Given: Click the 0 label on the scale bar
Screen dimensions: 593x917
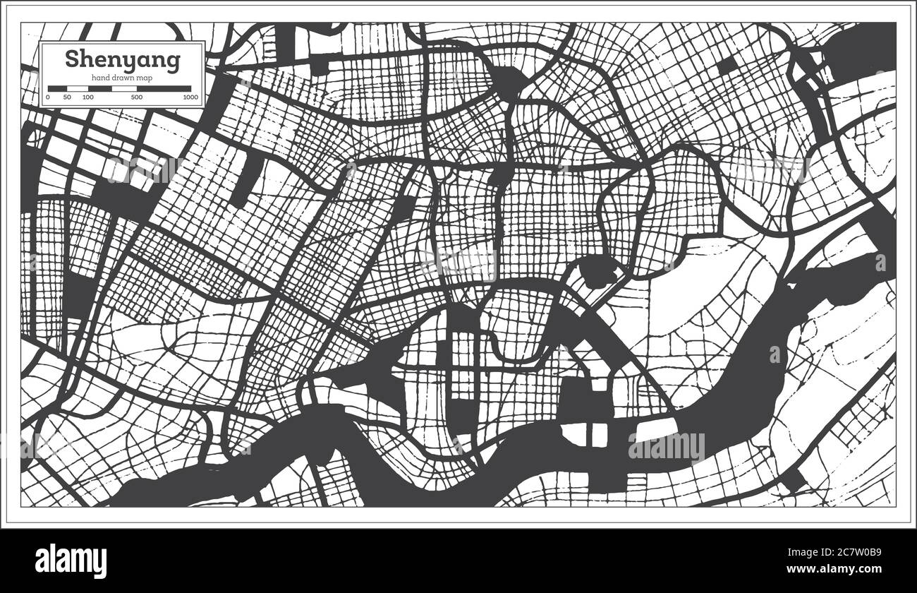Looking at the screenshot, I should [48, 97].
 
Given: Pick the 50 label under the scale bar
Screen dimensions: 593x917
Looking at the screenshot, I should [66, 97].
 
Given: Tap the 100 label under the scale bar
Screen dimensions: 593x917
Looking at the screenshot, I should [87, 97].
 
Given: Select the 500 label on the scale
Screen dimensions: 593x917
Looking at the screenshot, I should [137, 97].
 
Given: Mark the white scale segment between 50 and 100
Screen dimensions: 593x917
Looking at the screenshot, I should [77, 88].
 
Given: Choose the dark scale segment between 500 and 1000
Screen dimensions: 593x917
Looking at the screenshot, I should [164, 88].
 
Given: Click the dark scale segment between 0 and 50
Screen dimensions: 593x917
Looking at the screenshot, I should [57, 88].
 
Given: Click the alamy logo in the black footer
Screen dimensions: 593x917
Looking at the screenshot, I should [71, 561].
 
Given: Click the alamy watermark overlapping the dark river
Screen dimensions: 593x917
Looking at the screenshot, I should [666, 447].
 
